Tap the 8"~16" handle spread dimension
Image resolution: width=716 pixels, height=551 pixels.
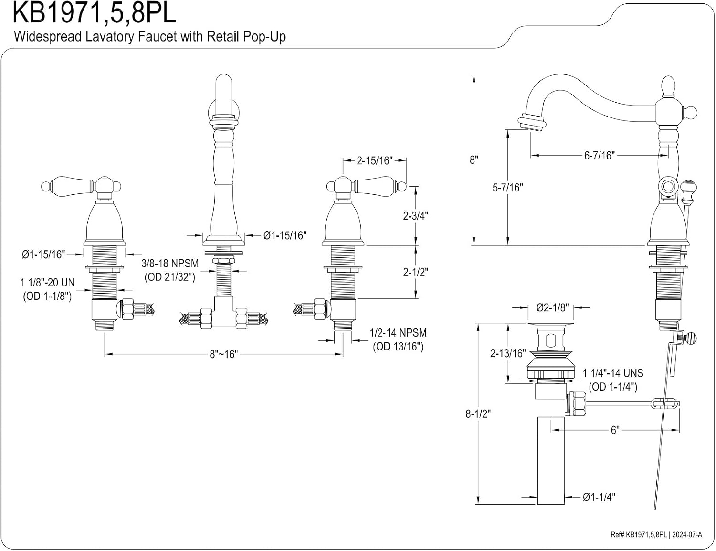224,354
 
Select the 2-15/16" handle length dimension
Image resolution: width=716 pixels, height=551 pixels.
375,160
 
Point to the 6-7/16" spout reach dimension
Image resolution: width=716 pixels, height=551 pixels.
600,155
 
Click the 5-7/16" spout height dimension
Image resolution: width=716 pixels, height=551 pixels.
508,188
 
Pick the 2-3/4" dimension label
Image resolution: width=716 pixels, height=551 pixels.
415,216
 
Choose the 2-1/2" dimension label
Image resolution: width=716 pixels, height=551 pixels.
415,272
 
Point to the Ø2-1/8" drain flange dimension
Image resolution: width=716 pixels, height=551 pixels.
553,307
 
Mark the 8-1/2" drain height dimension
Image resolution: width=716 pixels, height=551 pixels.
478,413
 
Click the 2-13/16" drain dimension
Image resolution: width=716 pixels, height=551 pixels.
508,353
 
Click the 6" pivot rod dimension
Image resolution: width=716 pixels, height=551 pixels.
615,430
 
